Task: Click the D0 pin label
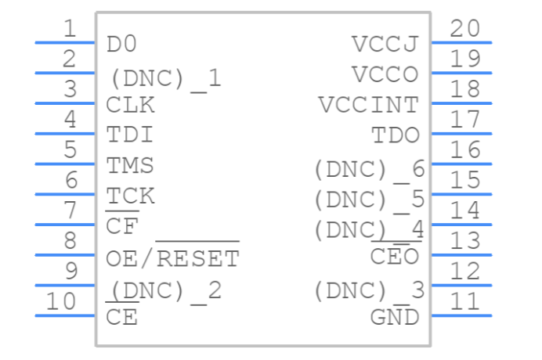pyautogui.click(x=121, y=44)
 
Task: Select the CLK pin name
pyautogui.click(x=130, y=105)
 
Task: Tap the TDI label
pyautogui.click(x=130, y=135)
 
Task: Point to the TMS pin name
pyautogui.click(x=130, y=166)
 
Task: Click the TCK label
pyautogui.click(x=130, y=196)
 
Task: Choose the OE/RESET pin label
pyautogui.click(x=172, y=257)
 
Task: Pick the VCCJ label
pyautogui.click(x=385, y=44)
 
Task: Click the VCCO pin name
pyautogui.click(x=385, y=74)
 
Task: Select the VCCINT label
pyautogui.click(x=368, y=105)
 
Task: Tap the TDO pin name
pyautogui.click(x=395, y=135)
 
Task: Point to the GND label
pyautogui.click(x=395, y=318)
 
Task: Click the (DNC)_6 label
pyautogui.click(x=368, y=167)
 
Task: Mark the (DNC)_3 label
pyautogui.click(x=368, y=291)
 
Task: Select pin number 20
pyautogui.click(x=465, y=29)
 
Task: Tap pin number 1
pyautogui.click(x=70, y=29)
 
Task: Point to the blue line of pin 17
pyautogui.click(x=461, y=133)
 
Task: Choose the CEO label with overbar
pyautogui.click(x=395, y=257)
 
